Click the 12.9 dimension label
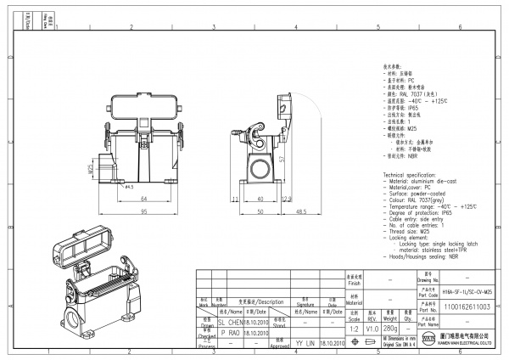[287, 199]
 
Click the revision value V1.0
[372, 328]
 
